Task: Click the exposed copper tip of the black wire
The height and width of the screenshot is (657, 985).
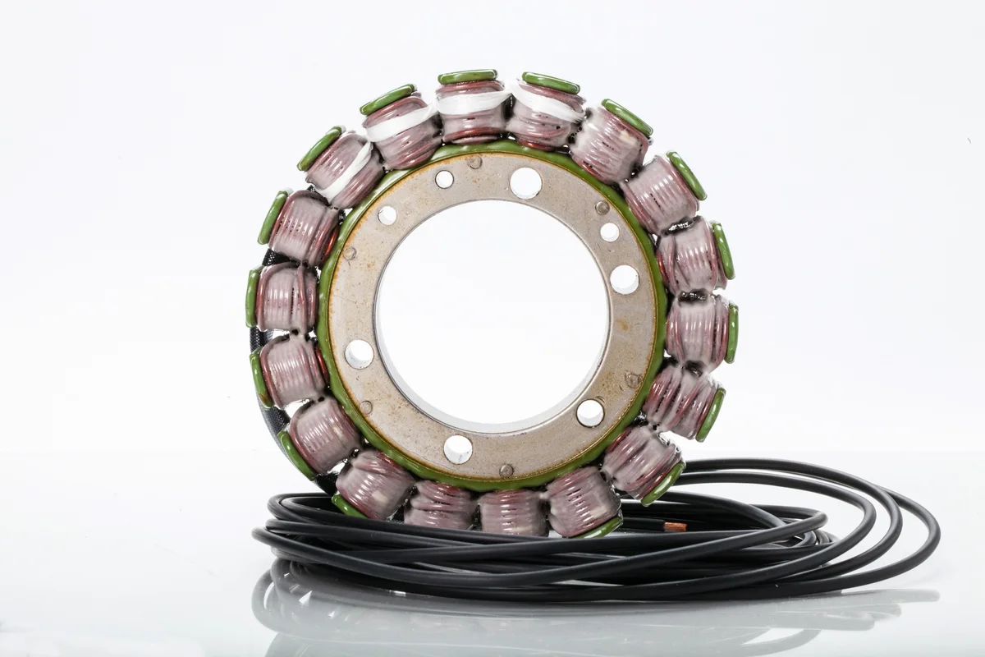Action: (675, 526)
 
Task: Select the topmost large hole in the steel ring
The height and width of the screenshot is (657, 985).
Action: (525, 182)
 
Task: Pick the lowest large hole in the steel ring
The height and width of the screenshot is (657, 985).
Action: (458, 448)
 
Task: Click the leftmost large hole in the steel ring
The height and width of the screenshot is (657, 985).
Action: (359, 354)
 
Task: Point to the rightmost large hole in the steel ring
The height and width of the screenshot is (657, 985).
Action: (624, 279)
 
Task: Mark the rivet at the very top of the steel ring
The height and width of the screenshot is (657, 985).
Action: (474, 162)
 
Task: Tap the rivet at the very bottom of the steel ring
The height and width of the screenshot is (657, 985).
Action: (506, 471)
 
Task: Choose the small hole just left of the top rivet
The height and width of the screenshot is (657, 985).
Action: (444, 179)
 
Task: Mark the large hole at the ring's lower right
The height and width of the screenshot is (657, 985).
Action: (589, 412)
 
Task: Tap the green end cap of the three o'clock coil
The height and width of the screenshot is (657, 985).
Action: (731, 333)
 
